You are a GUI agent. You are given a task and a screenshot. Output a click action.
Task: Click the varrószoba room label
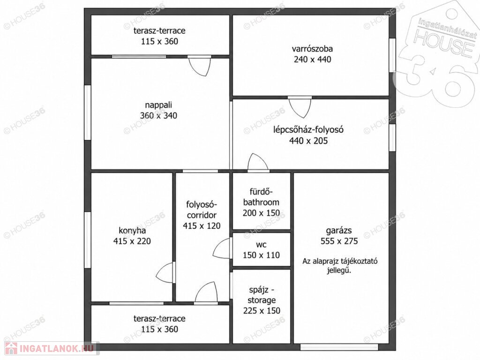[312, 49]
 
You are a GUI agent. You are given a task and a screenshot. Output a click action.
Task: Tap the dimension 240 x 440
[312, 59]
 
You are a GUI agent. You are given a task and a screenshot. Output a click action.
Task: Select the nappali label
[158, 105]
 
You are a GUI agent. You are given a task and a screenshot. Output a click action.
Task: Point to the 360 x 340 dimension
[158, 115]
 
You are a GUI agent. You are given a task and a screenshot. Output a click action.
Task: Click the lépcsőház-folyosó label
[308, 130]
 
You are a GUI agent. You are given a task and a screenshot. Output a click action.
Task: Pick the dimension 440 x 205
[308, 141]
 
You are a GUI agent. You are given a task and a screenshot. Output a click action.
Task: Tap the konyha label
[132, 231]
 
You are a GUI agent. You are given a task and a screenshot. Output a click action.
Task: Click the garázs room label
[339, 231]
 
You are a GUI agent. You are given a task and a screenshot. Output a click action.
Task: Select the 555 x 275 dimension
[339, 241]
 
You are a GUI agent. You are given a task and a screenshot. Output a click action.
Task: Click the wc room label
[261, 245]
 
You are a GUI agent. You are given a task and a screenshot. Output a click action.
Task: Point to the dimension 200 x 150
[261, 213]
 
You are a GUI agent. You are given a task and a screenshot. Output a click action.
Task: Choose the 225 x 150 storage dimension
[262, 311]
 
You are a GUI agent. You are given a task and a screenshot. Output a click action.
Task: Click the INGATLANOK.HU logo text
[57, 348]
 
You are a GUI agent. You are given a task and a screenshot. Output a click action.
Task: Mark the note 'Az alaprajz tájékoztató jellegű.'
[339, 266]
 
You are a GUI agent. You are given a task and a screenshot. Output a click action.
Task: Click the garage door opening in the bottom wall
[339, 347]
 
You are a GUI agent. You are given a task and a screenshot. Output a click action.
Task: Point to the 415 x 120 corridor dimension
[202, 226]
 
